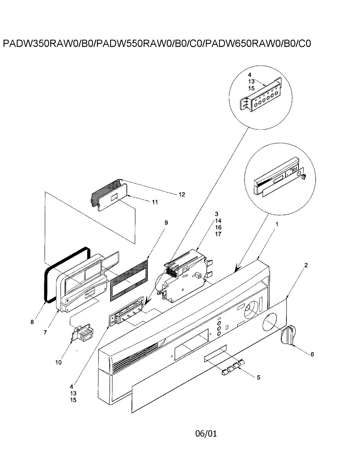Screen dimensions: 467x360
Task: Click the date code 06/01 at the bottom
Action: click(206, 433)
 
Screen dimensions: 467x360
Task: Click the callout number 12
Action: click(182, 194)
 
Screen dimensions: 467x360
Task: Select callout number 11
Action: click(155, 202)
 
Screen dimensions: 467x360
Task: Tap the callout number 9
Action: click(166, 223)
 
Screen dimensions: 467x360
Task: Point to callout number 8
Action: click(33, 322)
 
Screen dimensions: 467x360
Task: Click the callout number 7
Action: click(45, 332)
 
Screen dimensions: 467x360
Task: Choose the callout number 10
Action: click(58, 362)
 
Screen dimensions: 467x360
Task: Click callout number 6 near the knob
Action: click(312, 354)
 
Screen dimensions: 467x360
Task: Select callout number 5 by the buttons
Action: click(258, 377)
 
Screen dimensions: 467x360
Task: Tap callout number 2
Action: click(306, 265)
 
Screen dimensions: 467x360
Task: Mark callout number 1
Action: click(277, 224)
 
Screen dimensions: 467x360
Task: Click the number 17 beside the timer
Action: click(218, 234)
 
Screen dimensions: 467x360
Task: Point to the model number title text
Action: click(156, 43)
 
